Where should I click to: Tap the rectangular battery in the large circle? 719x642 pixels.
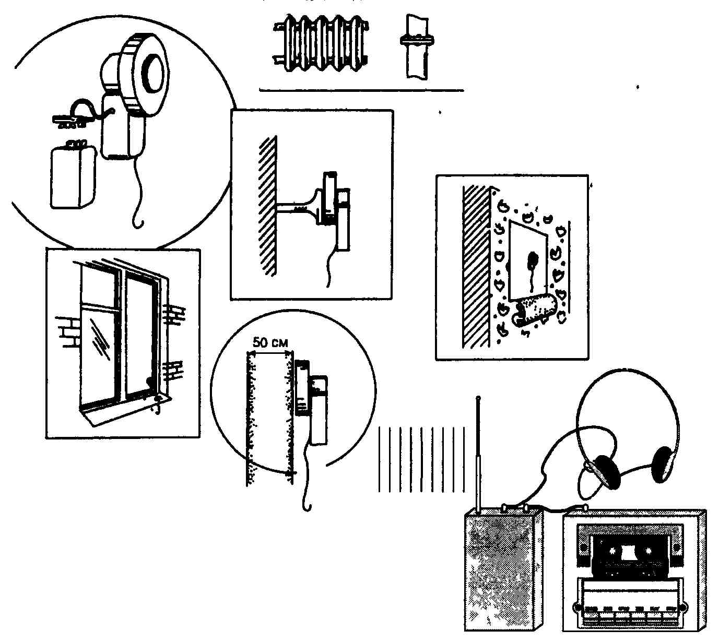tap(73, 175)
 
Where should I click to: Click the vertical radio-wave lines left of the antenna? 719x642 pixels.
tap(421, 459)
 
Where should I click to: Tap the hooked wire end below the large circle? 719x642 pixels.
tap(137, 222)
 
